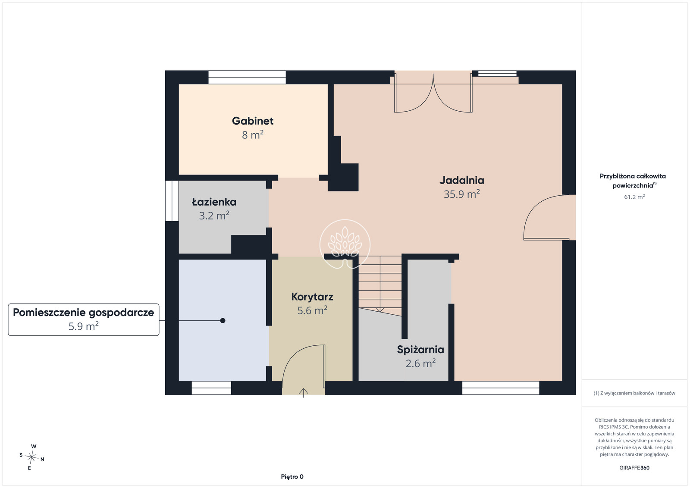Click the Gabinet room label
pos(253,121)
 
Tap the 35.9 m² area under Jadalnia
pos(462,194)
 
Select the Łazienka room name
pos(214,202)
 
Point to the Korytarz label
pos(312,297)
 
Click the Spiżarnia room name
pos(420,350)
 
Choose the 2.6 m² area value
pos(420,363)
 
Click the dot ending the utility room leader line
pos(223,320)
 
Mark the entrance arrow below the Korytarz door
pos(304,393)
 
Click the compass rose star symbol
pos(31,457)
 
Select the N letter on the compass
pos(42,460)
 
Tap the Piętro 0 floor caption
pos(292,477)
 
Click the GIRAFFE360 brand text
pos(634,468)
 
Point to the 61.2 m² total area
pos(634,197)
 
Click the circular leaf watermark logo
pos(345,244)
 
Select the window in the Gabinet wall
pos(247,77)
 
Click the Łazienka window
pos(172,200)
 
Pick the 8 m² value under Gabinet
pos(253,135)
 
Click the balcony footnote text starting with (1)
pos(634,393)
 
